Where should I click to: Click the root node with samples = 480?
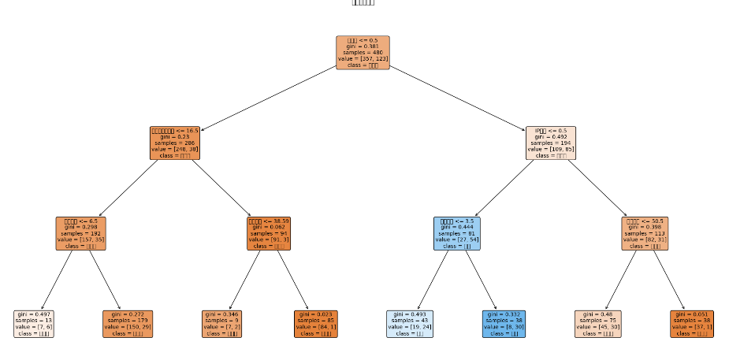point(363,53)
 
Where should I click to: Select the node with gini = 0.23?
point(175,143)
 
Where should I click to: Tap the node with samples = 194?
point(550,143)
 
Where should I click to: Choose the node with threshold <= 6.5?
point(81,233)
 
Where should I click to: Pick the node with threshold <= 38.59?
point(269,233)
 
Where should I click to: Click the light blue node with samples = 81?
point(456,233)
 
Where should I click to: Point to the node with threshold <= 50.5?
point(644,233)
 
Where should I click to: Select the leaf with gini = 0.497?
point(34,324)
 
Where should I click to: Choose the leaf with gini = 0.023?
point(315,324)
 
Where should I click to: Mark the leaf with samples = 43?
point(409,324)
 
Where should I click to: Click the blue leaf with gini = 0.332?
point(503,324)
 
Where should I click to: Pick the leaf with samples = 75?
point(597,324)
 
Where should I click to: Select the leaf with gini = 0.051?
point(691,324)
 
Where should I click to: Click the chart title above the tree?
point(363,3)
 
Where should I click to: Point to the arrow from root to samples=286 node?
point(268,98)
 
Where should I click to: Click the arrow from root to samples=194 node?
point(457,98)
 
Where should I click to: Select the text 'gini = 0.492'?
point(550,136)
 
